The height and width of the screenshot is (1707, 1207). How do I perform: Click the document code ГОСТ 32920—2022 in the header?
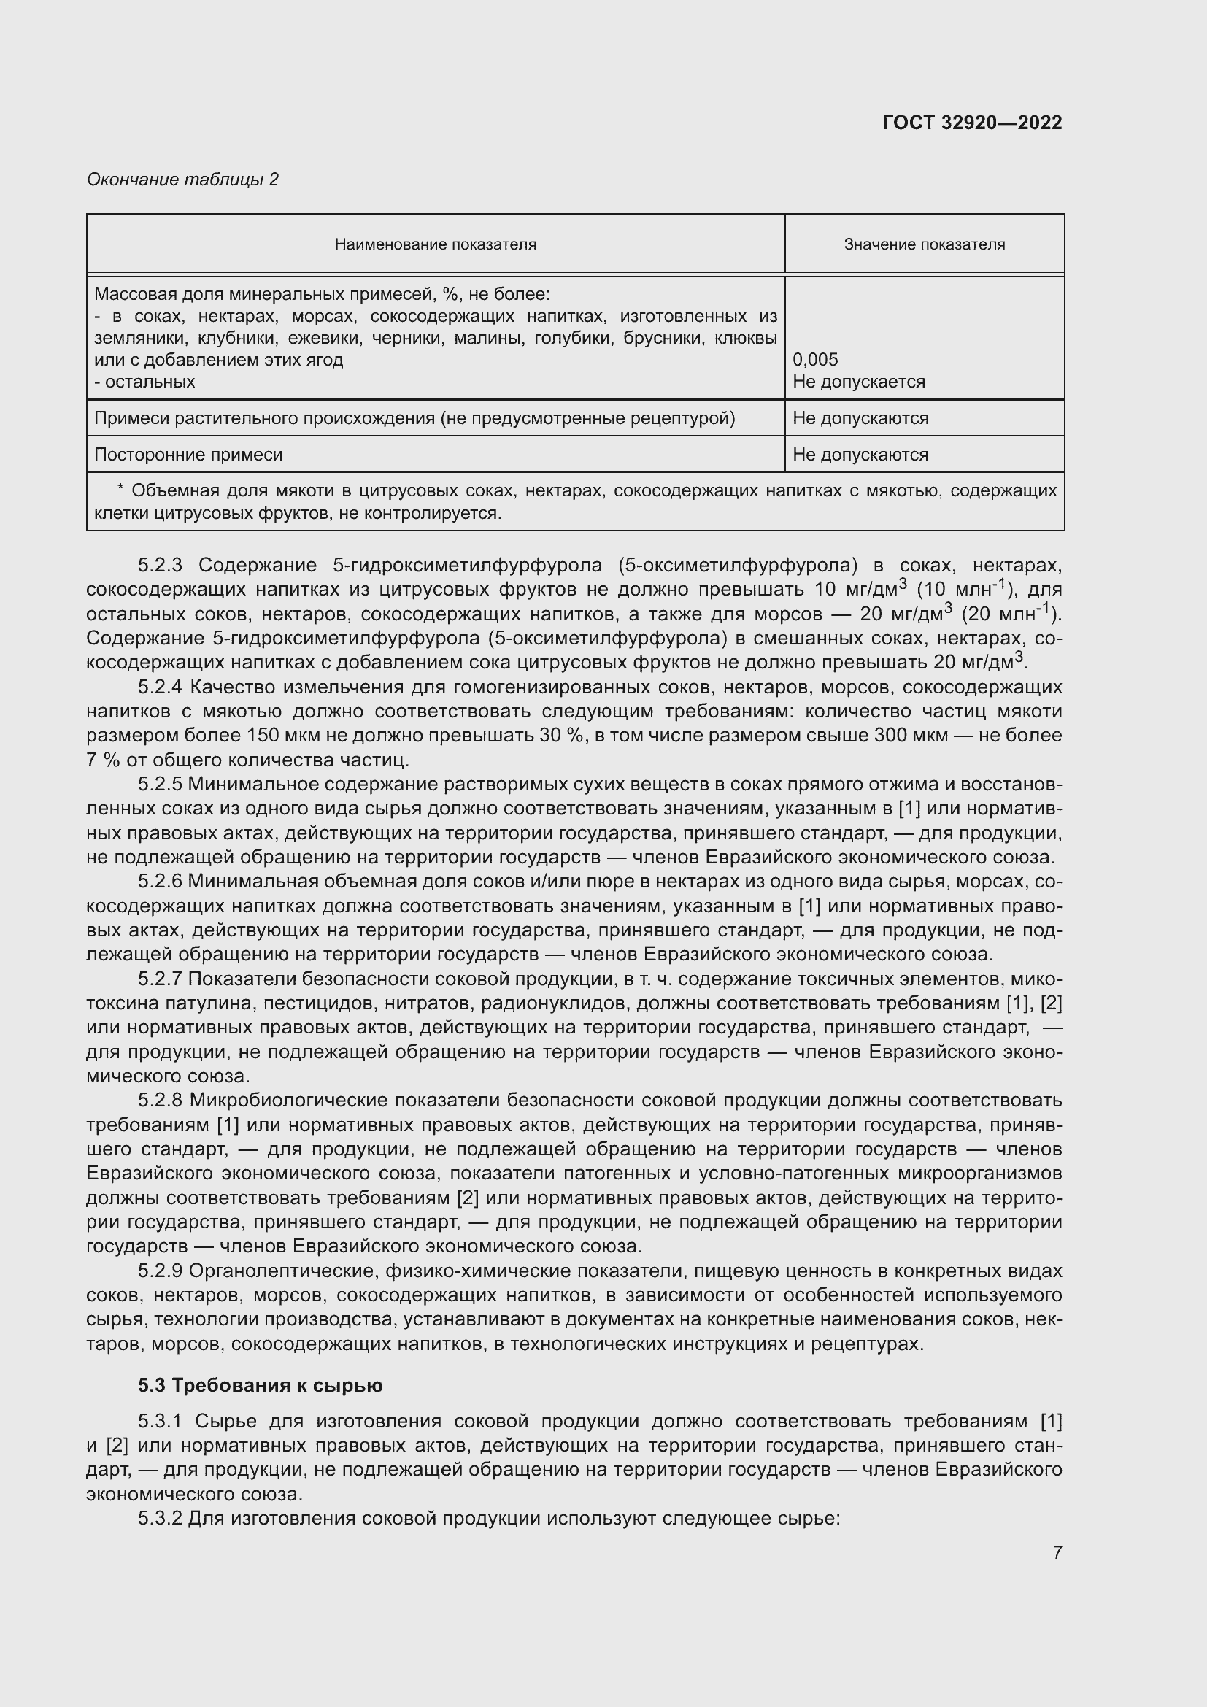[971, 123]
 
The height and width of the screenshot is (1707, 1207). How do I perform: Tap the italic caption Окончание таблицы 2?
[183, 180]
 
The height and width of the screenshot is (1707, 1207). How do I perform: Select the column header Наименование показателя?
[435, 244]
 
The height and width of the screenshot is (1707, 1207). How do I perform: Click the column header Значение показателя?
[924, 244]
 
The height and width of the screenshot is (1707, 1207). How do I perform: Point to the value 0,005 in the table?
[814, 360]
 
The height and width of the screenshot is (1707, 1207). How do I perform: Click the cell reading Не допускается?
[858, 382]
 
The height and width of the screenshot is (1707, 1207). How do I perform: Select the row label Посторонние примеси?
[188, 454]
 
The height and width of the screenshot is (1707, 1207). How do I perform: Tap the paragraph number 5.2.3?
[160, 566]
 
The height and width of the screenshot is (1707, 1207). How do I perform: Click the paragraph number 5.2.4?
[160, 687]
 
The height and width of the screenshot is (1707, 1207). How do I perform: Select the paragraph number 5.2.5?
[160, 785]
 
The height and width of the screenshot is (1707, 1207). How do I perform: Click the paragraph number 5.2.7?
[160, 979]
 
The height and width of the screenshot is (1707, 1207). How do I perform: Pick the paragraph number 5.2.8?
[160, 1101]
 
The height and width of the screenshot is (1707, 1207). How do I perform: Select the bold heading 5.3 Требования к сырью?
[260, 1386]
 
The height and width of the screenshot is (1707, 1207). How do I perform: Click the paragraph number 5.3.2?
[160, 1518]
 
